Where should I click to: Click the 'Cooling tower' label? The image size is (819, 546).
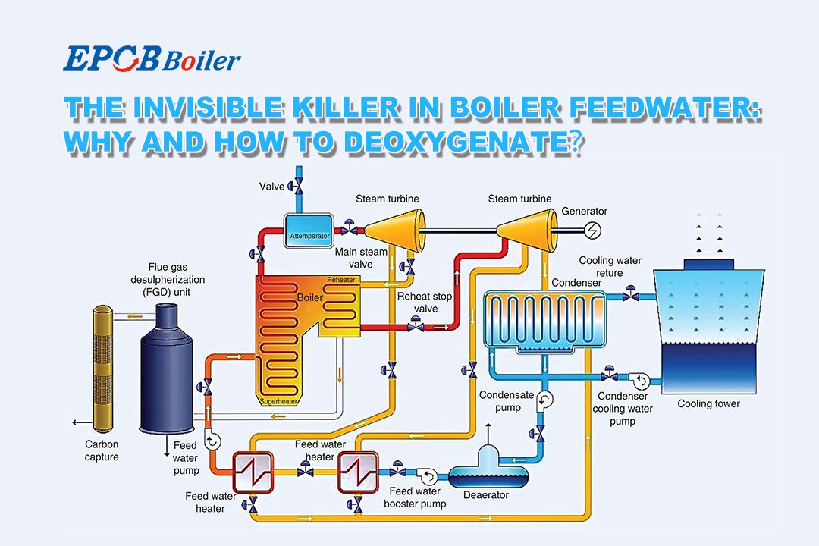(x=708, y=403)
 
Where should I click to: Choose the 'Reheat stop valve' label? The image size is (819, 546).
(x=424, y=303)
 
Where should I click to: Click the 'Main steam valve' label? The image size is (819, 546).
(x=361, y=258)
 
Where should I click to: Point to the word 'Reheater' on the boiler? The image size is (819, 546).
(x=340, y=280)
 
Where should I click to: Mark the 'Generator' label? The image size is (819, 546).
(x=584, y=211)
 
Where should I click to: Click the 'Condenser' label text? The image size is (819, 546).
(x=576, y=282)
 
